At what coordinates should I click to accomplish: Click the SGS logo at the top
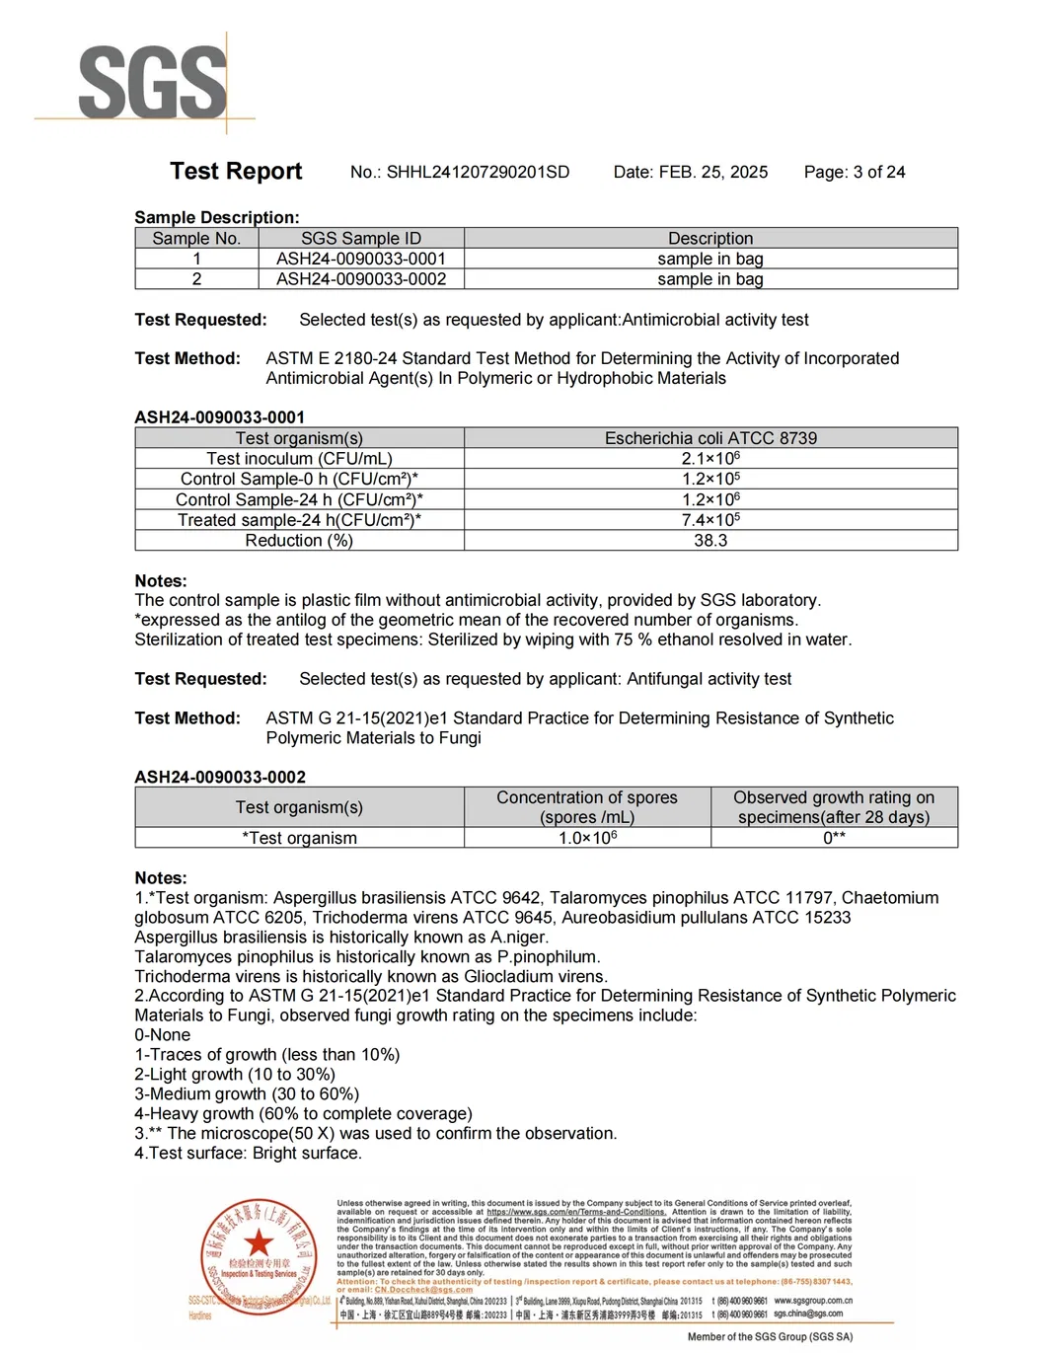coord(152,83)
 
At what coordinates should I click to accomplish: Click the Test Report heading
coord(236,171)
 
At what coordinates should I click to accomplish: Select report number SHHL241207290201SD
coord(460,172)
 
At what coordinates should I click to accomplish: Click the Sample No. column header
coord(196,238)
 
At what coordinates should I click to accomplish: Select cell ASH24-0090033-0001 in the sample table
coord(360,259)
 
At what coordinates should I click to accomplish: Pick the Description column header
coord(709,238)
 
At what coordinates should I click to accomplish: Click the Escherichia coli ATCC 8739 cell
coord(710,438)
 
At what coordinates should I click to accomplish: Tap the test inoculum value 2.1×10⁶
coord(710,459)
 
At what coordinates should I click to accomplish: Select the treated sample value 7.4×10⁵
coord(710,520)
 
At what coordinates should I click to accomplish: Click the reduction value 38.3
coord(710,541)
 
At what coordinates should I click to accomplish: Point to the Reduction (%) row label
coord(299,541)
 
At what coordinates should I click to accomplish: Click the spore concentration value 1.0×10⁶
coord(587,838)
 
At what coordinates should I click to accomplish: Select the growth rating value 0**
coord(834,838)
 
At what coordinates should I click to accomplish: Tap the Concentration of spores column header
coord(587,807)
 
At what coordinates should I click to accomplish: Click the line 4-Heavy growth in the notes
coord(303,1113)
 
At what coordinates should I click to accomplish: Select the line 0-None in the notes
coord(163,1035)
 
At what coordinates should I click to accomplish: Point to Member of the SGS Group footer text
coord(770,1337)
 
